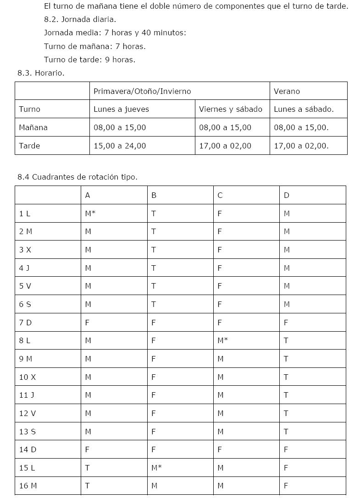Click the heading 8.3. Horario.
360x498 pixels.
click(41, 73)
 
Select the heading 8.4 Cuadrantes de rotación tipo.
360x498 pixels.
click(78, 177)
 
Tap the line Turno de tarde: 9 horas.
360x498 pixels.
click(89, 60)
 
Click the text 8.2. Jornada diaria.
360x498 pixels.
click(80, 20)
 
